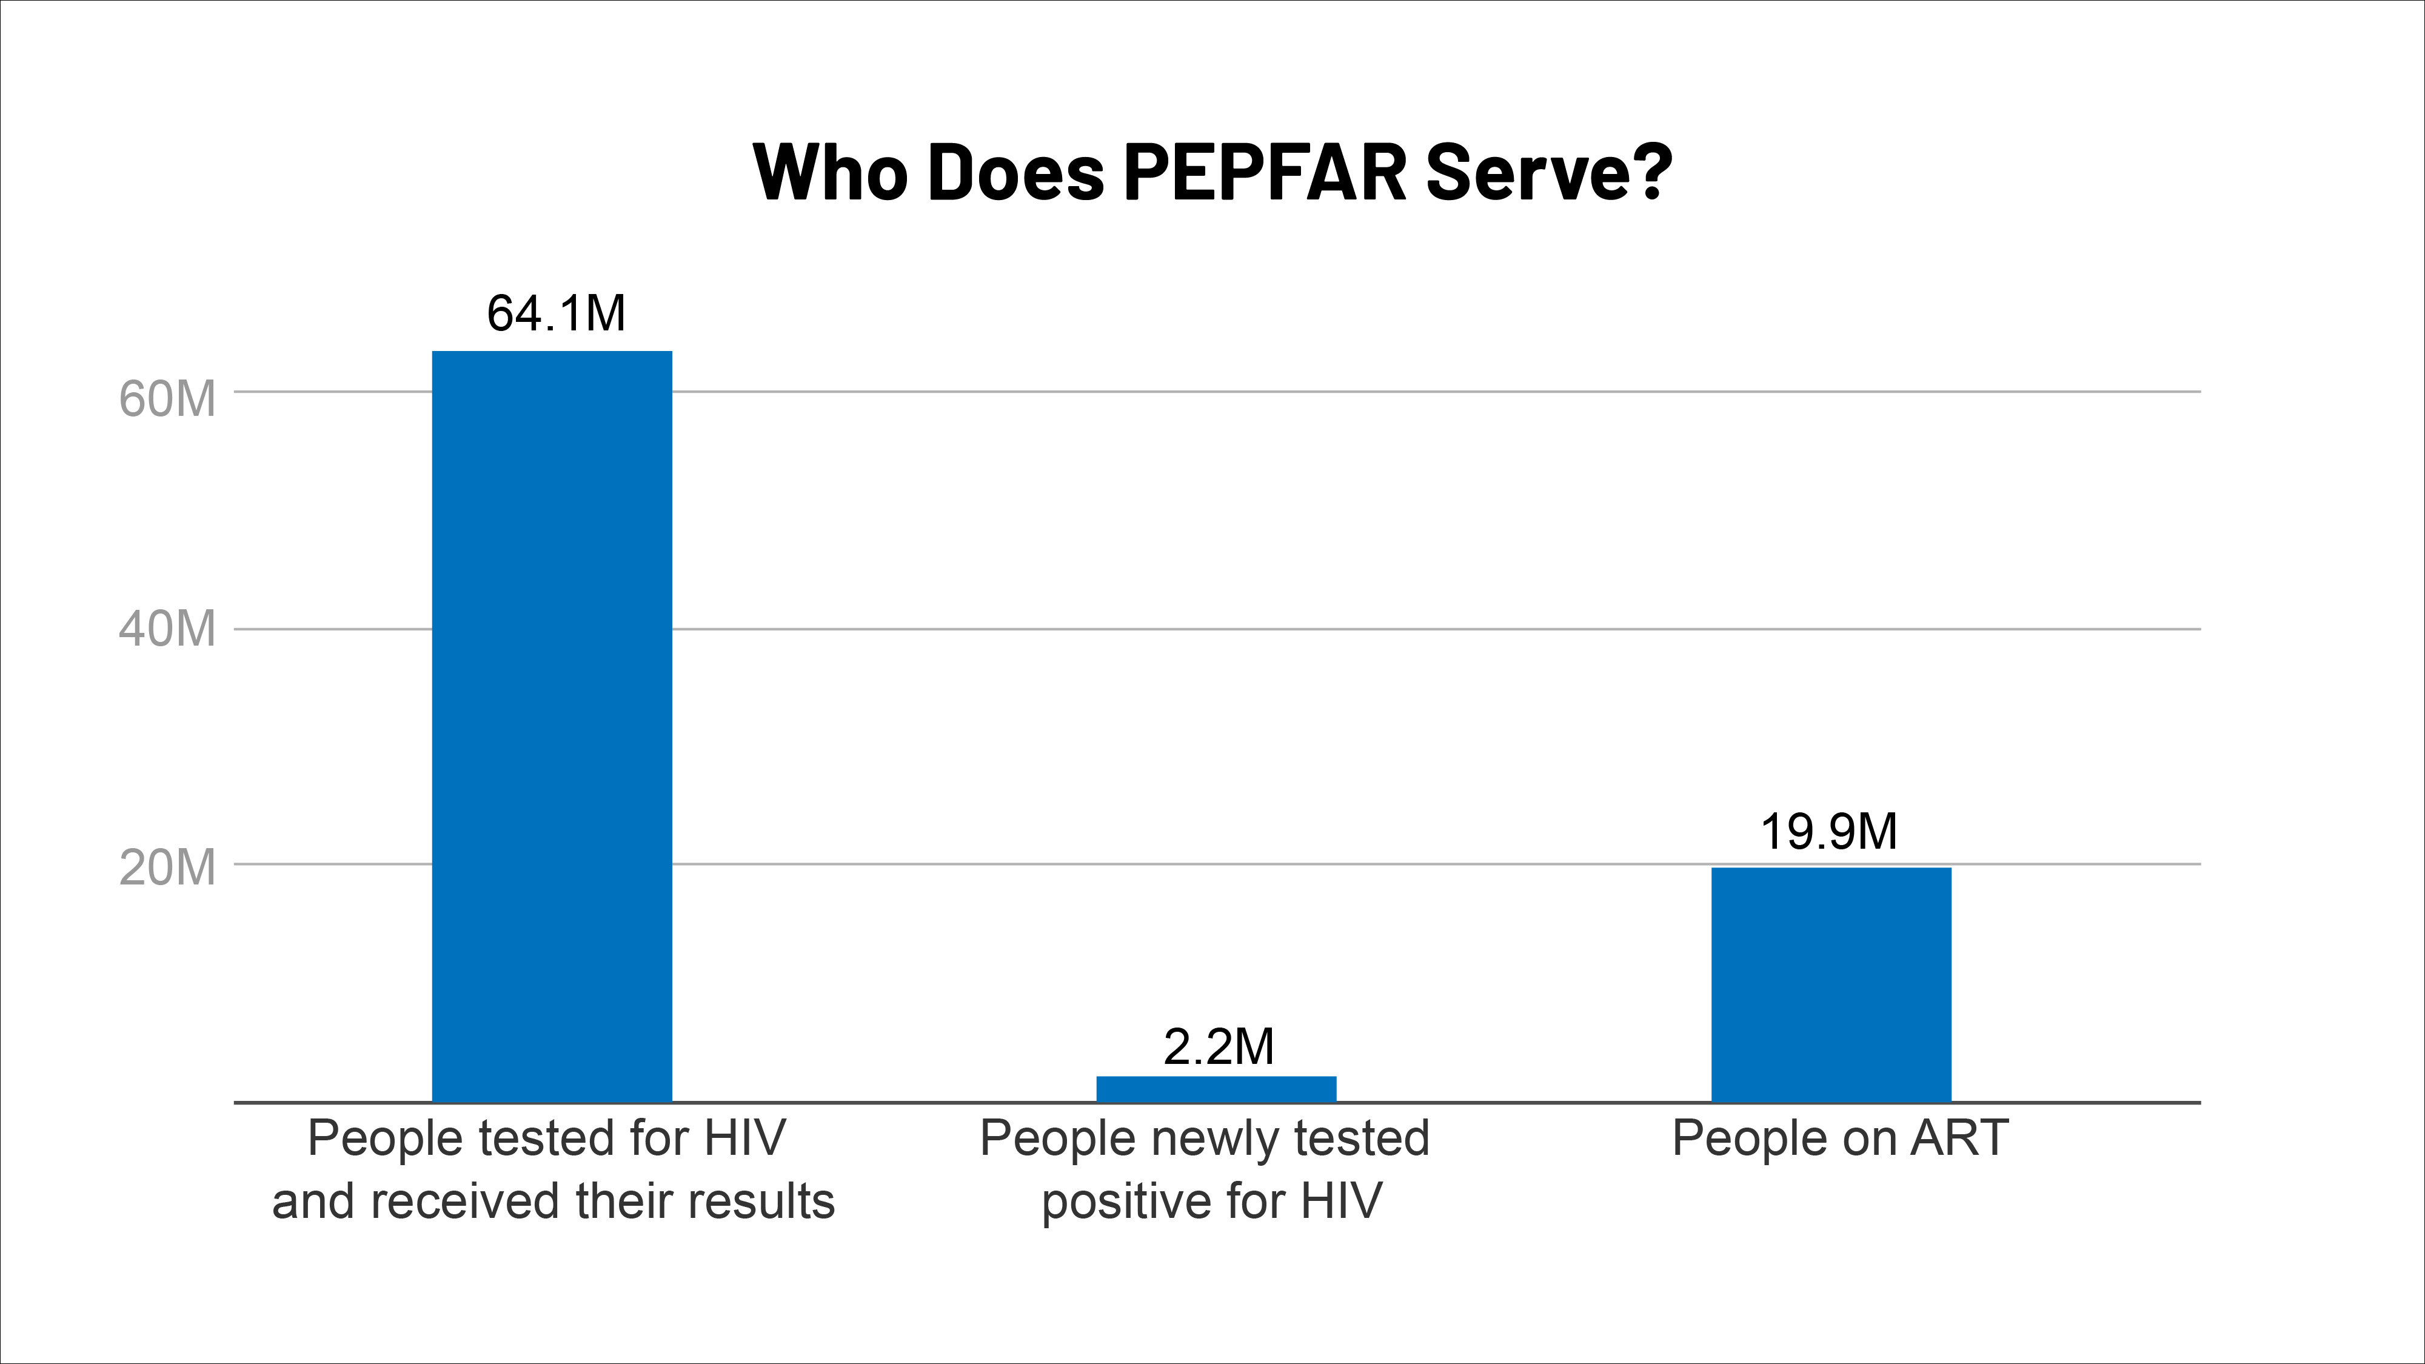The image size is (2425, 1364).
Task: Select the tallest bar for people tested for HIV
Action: [552, 725]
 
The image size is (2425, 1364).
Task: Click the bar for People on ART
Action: [1831, 984]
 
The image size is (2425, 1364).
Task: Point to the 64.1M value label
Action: [555, 313]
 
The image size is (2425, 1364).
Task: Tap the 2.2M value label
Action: [1218, 1047]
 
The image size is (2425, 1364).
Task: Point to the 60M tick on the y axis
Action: [167, 398]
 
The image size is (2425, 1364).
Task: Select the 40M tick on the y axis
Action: [167, 629]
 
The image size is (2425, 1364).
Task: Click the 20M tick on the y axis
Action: [167, 867]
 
